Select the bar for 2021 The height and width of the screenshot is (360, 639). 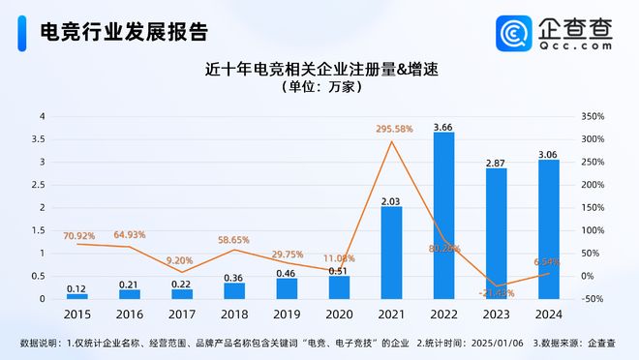391,253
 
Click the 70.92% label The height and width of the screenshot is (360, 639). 79,235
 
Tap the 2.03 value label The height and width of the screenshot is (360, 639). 391,200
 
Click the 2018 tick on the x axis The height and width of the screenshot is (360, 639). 234,313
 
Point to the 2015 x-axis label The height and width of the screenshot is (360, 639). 77,313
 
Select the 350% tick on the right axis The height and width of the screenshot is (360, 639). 593,116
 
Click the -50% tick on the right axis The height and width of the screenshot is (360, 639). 592,299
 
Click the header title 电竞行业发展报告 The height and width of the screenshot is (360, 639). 123,32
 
